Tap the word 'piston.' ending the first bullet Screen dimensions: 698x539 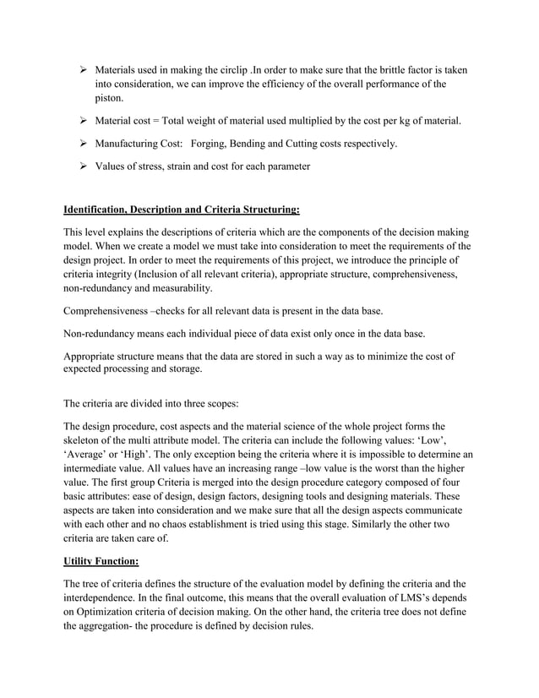pyautogui.click(x=109, y=99)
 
